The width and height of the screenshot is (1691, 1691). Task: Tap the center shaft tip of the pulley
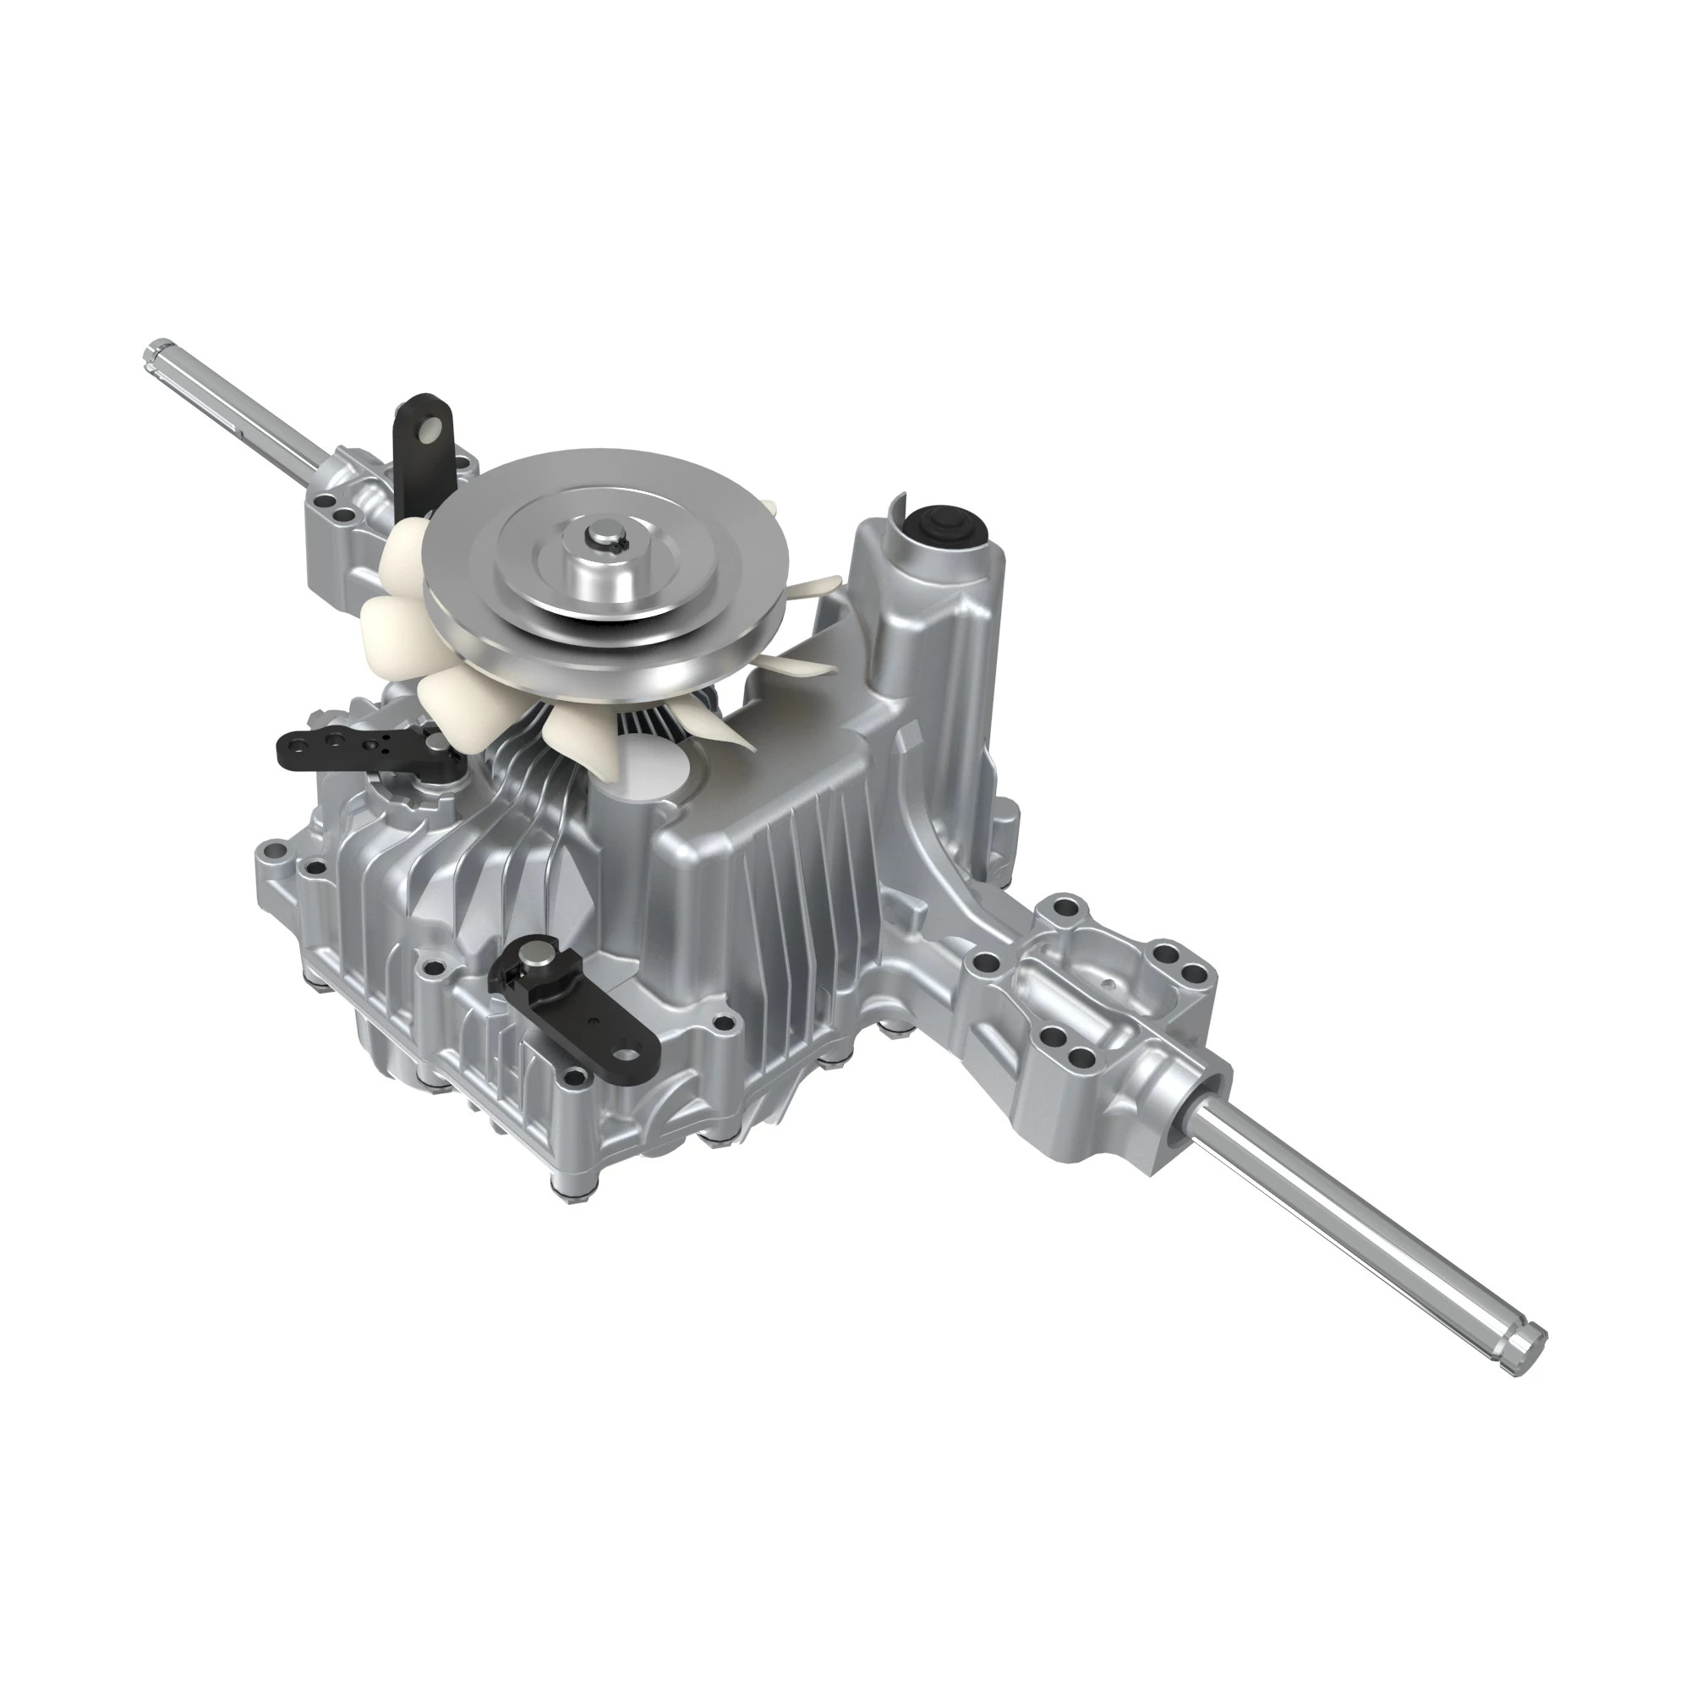click(604, 536)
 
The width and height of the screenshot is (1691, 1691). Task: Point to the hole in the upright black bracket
click(427, 429)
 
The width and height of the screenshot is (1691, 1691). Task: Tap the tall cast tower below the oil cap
click(928, 630)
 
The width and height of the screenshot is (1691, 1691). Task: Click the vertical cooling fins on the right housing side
click(788, 875)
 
